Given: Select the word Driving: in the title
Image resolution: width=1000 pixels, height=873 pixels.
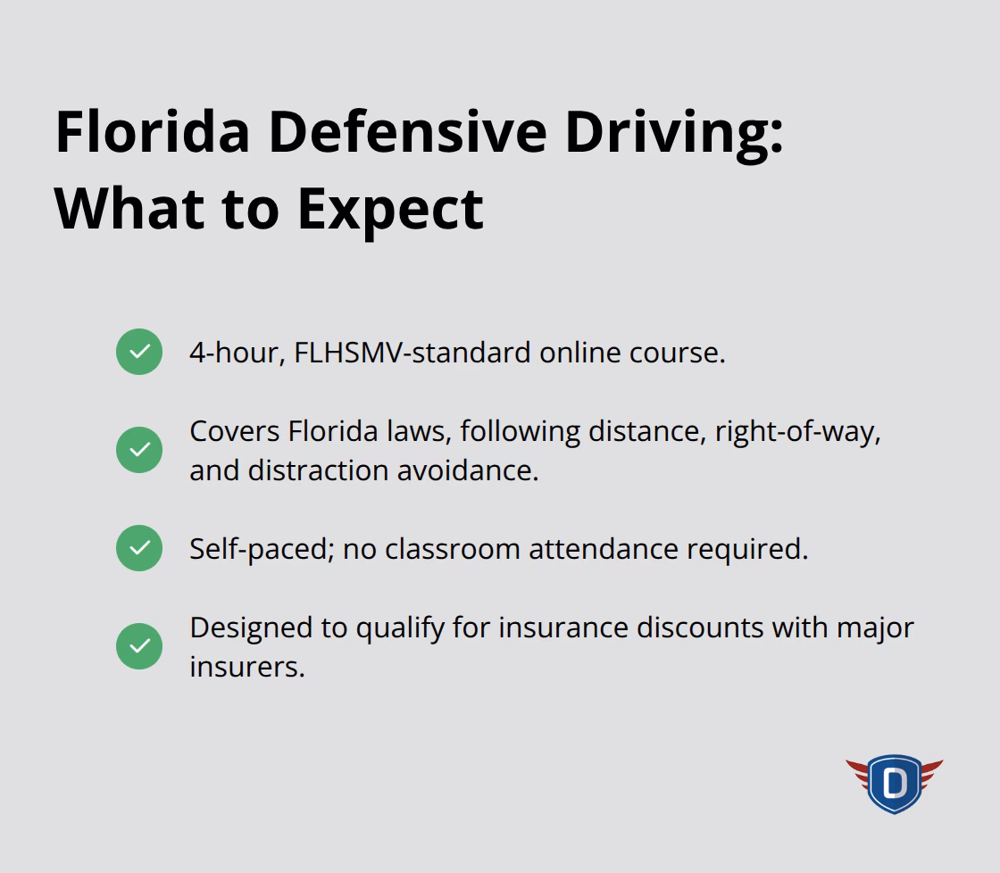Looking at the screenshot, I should pyautogui.click(x=674, y=133).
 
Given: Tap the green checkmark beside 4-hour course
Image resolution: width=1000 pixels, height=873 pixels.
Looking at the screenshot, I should pyautogui.click(x=139, y=352).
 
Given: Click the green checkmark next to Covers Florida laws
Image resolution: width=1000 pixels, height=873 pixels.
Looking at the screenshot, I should pyautogui.click(x=139, y=450).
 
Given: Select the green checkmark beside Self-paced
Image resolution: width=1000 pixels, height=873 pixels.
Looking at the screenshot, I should pyautogui.click(x=139, y=548).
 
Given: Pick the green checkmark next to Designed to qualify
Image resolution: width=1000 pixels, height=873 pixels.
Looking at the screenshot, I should pyautogui.click(x=139, y=646).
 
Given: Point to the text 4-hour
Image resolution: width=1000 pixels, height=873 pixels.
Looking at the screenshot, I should pyautogui.click(x=237, y=353).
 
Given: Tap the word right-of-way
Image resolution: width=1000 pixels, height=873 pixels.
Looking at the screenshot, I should pyautogui.click(x=796, y=431).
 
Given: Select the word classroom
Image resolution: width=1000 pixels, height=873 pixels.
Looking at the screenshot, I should pyautogui.click(x=453, y=549).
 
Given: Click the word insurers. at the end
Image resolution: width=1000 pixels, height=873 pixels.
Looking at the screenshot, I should pyautogui.click(x=247, y=667).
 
